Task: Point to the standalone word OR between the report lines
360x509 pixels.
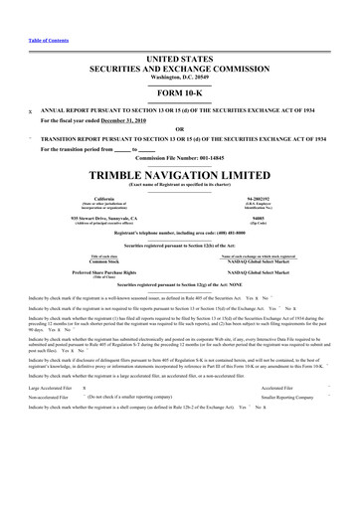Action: [179, 128]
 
